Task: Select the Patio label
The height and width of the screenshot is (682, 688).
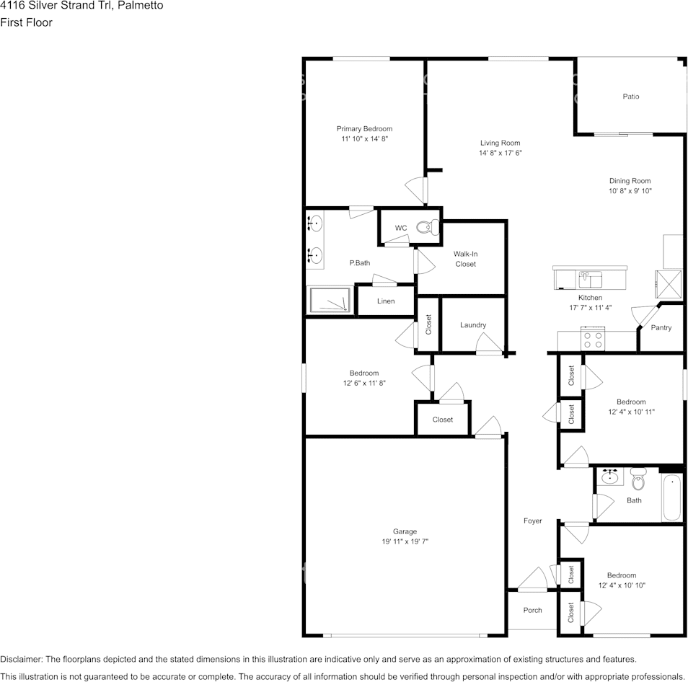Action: point(631,97)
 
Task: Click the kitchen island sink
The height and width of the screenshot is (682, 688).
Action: point(590,278)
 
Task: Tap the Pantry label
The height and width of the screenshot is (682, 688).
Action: point(661,328)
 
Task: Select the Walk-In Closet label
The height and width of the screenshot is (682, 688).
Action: point(465,259)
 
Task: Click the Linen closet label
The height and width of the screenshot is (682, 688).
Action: point(386,301)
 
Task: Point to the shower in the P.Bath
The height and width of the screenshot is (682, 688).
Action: point(330,301)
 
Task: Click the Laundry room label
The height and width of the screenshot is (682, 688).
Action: point(473,325)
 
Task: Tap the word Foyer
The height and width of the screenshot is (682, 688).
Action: point(532,521)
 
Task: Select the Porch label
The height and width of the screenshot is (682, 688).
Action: point(532,611)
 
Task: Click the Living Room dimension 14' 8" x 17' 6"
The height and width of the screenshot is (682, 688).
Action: point(500,153)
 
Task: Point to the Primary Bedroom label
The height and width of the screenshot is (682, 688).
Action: point(364,129)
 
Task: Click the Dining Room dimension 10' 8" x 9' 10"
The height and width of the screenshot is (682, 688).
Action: point(630,191)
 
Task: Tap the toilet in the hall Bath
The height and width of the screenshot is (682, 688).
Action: point(638,479)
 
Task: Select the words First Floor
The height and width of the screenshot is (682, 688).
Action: point(26,22)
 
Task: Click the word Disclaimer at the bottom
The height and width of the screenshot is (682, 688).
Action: point(21,659)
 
